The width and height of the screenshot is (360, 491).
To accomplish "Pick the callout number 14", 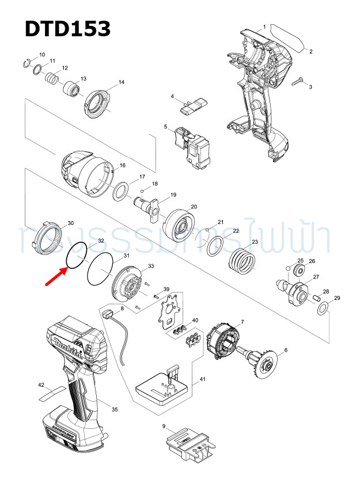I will [121, 82].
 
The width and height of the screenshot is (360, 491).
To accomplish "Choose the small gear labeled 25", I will [300, 270].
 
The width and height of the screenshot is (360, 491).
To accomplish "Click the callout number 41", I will [202, 380].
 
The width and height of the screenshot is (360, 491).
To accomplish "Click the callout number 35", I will [115, 409].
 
